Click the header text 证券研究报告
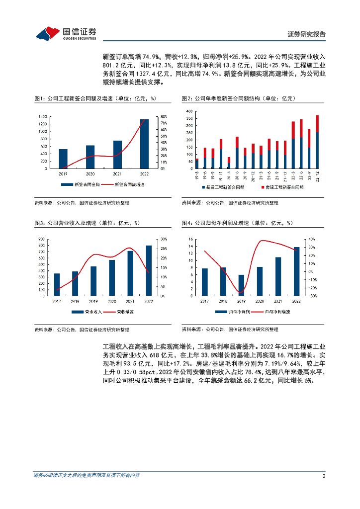(x=307, y=34)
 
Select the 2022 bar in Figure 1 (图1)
(x=144, y=144)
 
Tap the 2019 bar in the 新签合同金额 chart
(x=63, y=159)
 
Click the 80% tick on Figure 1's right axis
(x=163, y=116)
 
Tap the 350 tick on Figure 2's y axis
(x=189, y=119)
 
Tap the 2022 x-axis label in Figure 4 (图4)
(x=296, y=301)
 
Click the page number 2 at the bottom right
(x=324, y=476)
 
